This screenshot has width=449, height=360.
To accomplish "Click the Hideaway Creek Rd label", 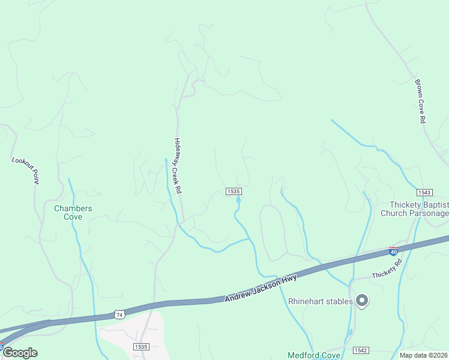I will (x=178, y=165).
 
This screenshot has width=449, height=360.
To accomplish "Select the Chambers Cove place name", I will (x=73, y=212).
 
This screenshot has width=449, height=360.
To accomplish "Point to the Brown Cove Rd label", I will (x=420, y=101).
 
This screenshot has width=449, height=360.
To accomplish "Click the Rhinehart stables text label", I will (x=321, y=301).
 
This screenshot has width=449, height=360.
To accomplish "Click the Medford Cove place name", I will (x=314, y=355).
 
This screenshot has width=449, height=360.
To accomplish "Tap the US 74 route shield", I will (x=119, y=314).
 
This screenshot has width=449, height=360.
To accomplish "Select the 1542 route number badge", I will (x=361, y=350).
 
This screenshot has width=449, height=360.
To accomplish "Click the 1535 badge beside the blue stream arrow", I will (x=234, y=191).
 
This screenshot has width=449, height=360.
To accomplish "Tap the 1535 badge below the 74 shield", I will (x=141, y=347).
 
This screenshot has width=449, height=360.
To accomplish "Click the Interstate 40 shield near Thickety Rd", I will (x=394, y=251).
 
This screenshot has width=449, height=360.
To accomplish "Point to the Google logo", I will (x=20, y=353).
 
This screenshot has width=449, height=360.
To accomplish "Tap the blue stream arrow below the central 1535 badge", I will (x=238, y=199).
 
